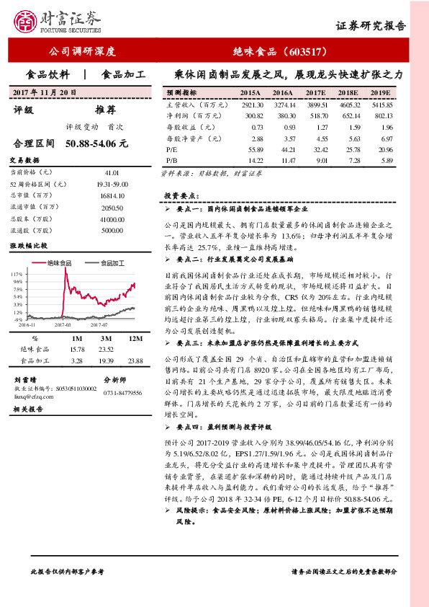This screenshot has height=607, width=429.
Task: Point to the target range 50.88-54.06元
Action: [x=96, y=143]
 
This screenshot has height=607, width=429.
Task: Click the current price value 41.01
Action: [x=111, y=173]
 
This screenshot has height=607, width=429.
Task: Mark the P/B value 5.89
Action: [x=386, y=159]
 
